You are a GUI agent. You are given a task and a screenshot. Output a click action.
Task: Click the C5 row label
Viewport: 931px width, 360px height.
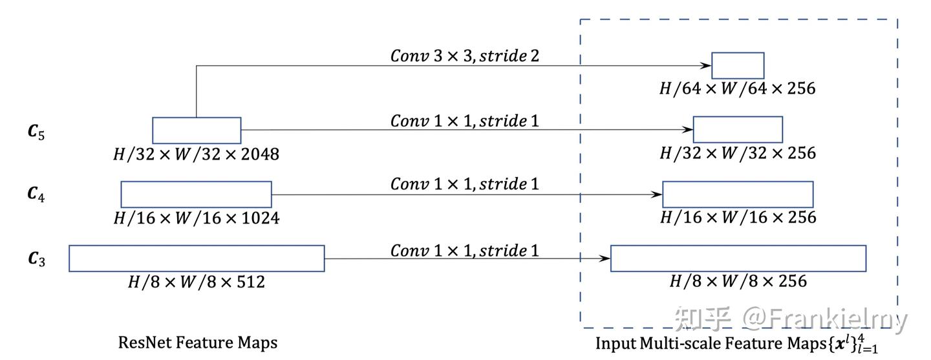[x=36, y=132]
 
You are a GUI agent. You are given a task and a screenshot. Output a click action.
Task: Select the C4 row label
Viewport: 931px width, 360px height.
[x=36, y=193]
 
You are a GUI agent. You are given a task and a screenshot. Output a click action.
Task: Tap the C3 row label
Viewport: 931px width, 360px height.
[x=36, y=259]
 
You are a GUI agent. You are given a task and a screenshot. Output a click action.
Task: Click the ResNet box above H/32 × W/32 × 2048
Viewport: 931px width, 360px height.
[x=197, y=130]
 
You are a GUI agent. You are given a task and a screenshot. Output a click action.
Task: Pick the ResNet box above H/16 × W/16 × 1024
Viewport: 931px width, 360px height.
[x=196, y=194]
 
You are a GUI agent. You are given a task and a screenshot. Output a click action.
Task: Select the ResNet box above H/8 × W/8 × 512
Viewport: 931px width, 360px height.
[x=197, y=258]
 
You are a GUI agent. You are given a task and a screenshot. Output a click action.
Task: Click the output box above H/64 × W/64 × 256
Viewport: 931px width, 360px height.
[x=738, y=65]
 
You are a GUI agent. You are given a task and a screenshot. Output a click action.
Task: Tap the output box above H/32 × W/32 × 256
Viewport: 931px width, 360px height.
[x=738, y=129]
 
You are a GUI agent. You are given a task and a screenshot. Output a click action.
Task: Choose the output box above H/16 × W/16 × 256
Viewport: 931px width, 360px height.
[x=738, y=194]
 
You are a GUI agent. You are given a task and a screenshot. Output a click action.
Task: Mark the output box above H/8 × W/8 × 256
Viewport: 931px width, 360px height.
[x=738, y=258]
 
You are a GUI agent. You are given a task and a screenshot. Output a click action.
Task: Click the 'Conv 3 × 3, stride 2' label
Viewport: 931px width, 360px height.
[x=464, y=56]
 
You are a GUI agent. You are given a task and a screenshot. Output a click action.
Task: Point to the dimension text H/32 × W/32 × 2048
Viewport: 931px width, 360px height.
[x=197, y=154]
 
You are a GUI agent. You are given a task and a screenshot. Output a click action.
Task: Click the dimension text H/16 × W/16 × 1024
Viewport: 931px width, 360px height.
[x=197, y=218]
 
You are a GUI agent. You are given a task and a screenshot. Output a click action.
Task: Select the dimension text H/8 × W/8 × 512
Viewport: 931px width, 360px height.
[x=197, y=281]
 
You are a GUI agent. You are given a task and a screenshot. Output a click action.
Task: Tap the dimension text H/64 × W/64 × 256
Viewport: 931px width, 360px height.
[x=738, y=88]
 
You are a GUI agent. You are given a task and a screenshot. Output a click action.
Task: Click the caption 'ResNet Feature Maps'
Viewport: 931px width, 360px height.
[x=198, y=342]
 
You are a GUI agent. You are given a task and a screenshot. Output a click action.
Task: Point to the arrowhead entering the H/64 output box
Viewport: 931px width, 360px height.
[x=707, y=65]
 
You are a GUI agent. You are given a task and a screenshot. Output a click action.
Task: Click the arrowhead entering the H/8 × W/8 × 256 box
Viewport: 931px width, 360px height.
[x=606, y=259]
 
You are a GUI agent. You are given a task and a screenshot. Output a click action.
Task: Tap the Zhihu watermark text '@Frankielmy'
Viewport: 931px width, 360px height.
[x=824, y=319]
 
